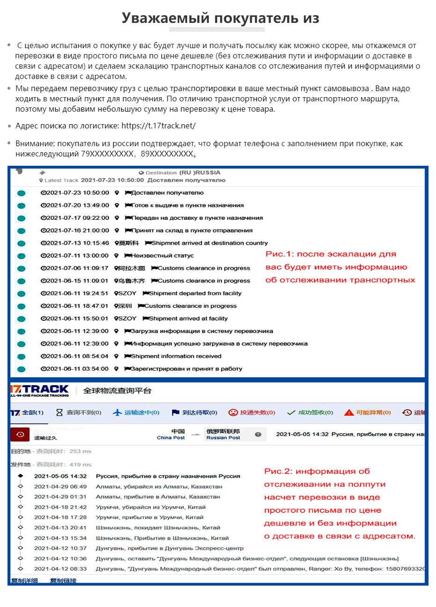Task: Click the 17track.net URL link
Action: tap(158, 126)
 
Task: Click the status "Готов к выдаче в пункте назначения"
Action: tap(187, 205)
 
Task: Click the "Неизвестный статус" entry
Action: tap(161, 256)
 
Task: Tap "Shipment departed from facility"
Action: tap(195, 294)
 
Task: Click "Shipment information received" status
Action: tap(176, 356)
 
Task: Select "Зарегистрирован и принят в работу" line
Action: tap(186, 369)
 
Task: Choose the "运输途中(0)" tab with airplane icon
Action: tap(136, 413)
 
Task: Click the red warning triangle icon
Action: tap(349, 413)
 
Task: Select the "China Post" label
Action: tap(171, 438)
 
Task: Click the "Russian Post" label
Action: tap(223, 438)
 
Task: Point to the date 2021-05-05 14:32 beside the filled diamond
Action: tap(60, 476)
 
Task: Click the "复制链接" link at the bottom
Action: tap(63, 581)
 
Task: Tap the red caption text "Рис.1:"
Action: tap(280, 254)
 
